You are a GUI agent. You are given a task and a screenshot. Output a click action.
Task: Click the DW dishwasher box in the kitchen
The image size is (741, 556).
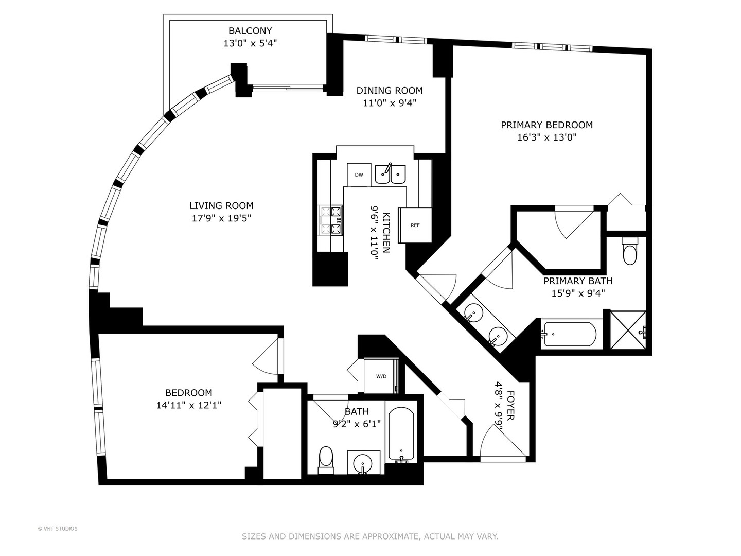pos(359,175)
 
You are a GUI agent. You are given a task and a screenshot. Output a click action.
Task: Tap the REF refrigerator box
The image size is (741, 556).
pos(415,225)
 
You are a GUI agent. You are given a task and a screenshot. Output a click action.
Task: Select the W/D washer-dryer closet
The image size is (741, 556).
pos(381,376)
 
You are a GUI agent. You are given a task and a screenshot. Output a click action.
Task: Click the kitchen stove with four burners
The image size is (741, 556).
pos(331,220)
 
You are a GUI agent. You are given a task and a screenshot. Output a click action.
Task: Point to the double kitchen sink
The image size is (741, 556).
pos(390,174)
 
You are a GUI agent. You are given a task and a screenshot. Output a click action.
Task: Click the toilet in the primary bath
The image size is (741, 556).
pos(630,252)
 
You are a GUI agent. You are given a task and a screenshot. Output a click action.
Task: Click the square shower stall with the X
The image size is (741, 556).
pos(627,332)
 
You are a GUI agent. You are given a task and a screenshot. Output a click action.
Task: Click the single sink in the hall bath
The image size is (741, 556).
pos(364,463)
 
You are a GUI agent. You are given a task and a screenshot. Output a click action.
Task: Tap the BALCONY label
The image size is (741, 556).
pos(250,31)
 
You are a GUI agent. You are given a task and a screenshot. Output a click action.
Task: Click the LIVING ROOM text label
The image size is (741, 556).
pos(221,206)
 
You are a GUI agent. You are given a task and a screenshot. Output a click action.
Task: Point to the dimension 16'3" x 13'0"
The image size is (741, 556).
pos(546,137)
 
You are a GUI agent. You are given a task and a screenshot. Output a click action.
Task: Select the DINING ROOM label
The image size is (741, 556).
pos(390,91)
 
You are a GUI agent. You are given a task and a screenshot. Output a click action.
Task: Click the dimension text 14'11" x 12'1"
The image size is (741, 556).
pos(189,405)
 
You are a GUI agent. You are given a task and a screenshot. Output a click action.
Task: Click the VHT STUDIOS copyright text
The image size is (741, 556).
pos(58,529)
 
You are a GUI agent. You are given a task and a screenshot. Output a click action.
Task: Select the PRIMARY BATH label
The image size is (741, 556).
pos(578,281)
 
